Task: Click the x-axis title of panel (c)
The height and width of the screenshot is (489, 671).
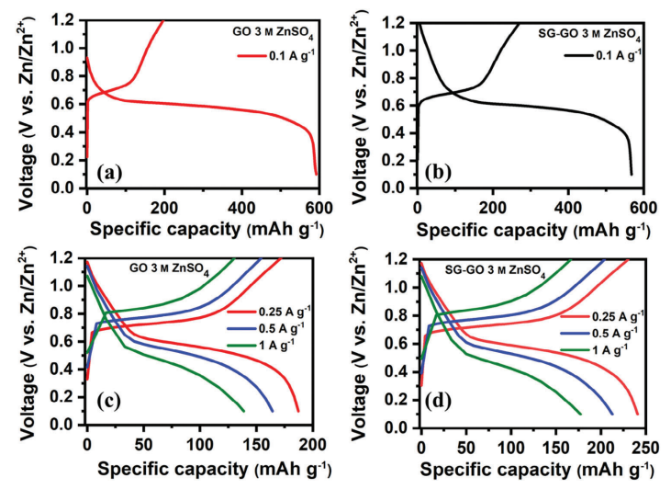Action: [x=200, y=466]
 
